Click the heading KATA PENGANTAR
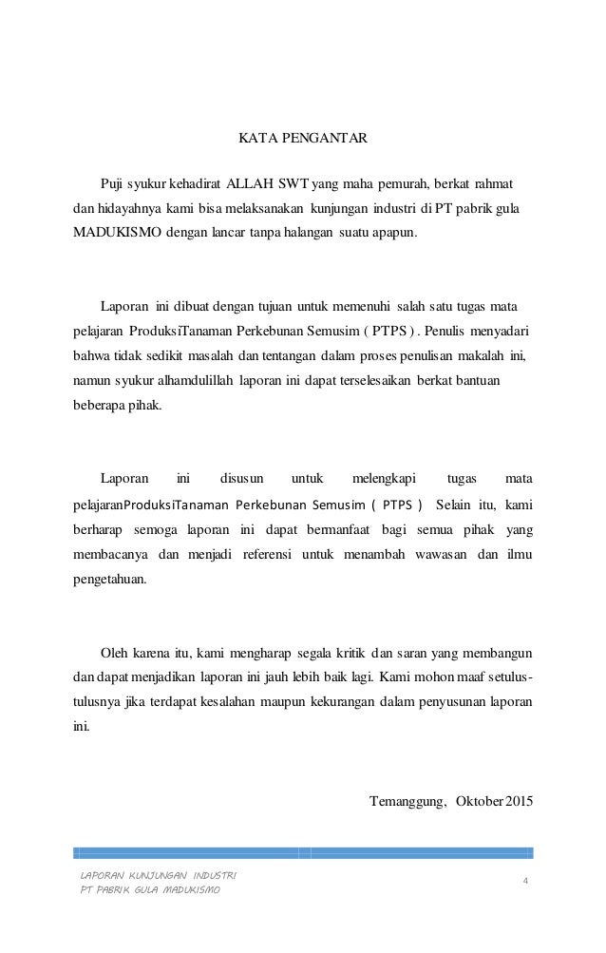click(x=301, y=139)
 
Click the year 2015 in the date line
click(x=519, y=799)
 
